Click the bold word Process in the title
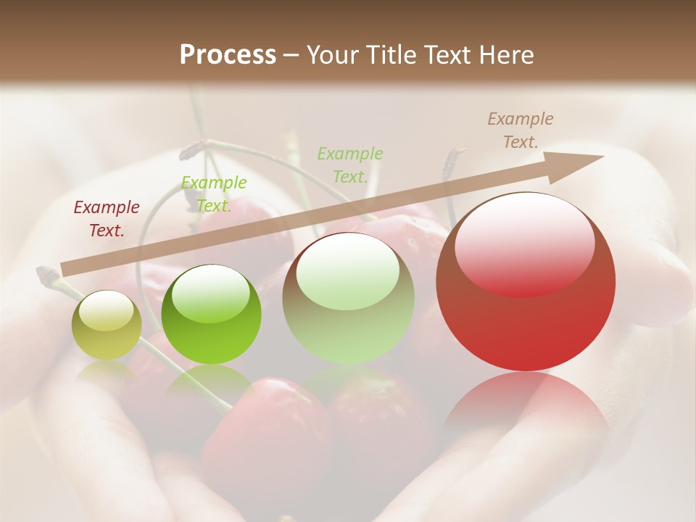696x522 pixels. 228,55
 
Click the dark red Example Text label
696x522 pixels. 107,219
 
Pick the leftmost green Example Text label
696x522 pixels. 213,194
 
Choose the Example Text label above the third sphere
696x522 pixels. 350,165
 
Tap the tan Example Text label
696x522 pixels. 520,130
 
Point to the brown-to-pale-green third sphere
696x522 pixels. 349,299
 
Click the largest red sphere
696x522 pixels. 526,283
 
